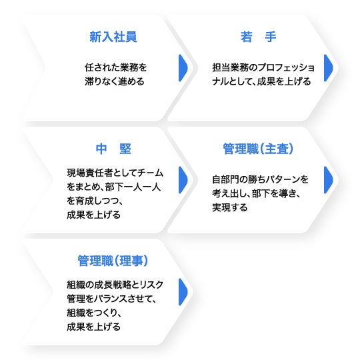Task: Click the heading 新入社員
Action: point(113,37)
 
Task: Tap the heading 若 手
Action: point(258,37)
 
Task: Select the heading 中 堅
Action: point(113,149)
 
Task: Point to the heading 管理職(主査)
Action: point(258,149)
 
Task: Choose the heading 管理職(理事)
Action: point(113,261)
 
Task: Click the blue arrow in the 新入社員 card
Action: point(183,68)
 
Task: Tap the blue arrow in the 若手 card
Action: point(328,68)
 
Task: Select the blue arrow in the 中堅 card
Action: point(183,180)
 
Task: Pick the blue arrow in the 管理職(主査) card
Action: point(328,180)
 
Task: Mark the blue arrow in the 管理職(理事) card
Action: point(183,292)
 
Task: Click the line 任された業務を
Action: point(116,67)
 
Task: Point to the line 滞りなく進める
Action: point(115,81)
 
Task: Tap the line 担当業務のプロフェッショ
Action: point(263,67)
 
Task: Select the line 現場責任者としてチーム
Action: point(115,173)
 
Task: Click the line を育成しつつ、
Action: point(95,201)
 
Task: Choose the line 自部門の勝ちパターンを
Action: point(261,179)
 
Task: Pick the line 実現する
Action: point(230,207)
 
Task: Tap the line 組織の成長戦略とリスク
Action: point(115,285)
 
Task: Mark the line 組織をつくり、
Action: point(94,313)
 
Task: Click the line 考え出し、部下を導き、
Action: point(257,193)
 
